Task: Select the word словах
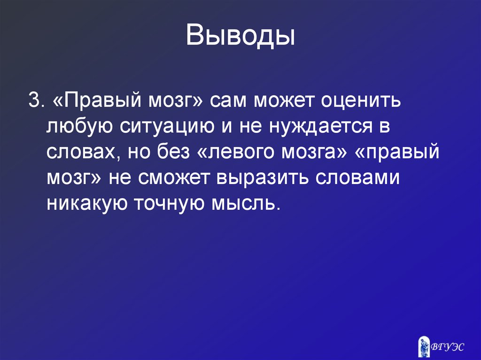click(x=79, y=153)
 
